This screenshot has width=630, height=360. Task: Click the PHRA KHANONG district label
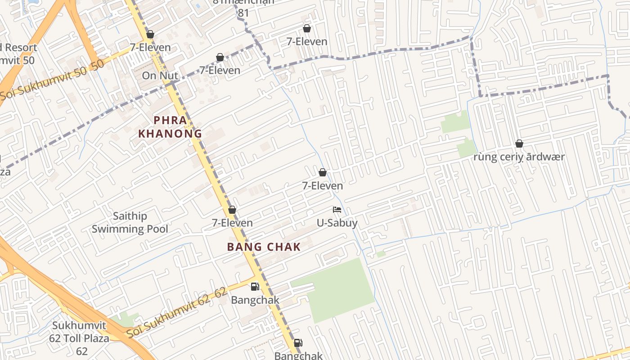170,127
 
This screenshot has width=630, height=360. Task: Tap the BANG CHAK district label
263,247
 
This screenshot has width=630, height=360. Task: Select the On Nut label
160,76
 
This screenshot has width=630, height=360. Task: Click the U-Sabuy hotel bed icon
337,210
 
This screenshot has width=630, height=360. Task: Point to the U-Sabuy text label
337,223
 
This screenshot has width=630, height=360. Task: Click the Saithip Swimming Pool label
130,222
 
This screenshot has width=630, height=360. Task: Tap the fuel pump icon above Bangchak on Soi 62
255,287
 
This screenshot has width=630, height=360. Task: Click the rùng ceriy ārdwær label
519,157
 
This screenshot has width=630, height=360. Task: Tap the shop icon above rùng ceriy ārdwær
519,144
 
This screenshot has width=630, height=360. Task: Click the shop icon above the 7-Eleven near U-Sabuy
322,172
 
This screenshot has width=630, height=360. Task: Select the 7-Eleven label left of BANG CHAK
232,223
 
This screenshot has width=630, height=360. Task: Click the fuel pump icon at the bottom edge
298,343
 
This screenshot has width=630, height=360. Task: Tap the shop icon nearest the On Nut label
150,34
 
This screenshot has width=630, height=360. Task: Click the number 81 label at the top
243,13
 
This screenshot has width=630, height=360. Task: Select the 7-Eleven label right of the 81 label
307,41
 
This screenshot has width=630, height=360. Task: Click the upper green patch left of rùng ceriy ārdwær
455,122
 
